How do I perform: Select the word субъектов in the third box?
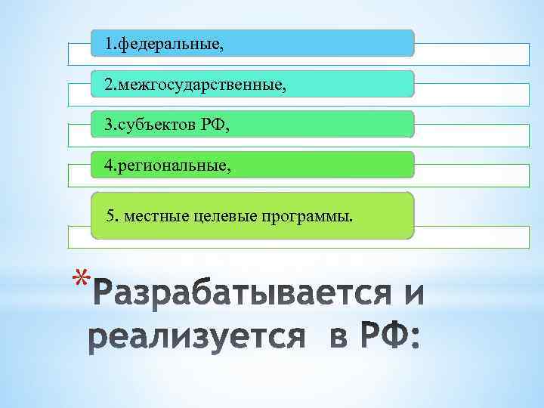(x=158, y=125)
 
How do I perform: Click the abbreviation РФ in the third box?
(x=214, y=125)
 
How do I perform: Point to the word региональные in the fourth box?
(x=176, y=165)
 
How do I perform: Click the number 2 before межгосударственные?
(x=109, y=85)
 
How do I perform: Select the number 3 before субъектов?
(x=109, y=125)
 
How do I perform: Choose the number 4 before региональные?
(x=109, y=165)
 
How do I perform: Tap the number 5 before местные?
(x=111, y=218)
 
